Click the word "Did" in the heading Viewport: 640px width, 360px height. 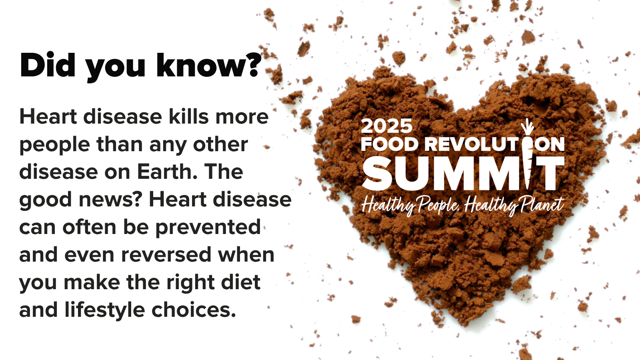48,65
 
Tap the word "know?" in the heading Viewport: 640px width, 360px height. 209,65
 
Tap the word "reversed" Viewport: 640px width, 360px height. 166,254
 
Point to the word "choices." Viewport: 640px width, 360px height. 194,310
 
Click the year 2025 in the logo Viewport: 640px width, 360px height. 386,126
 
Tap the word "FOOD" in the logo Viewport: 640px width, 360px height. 390,144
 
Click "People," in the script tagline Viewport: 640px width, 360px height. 438,206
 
